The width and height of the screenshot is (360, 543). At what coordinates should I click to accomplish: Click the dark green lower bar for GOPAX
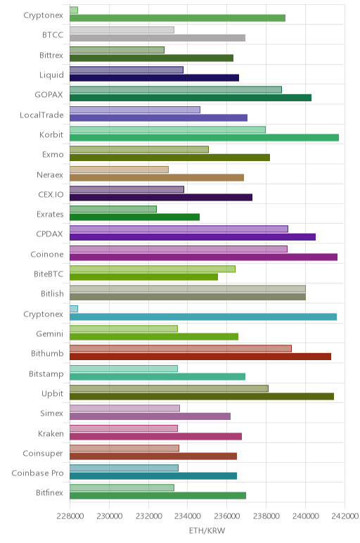[191, 98]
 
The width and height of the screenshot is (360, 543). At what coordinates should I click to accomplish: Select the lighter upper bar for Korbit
[167, 129]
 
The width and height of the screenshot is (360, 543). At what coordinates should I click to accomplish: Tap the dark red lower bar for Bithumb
[200, 357]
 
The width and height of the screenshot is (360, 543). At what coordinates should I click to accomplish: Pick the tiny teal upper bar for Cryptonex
[74, 309]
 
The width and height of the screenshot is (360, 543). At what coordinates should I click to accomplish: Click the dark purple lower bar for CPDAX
[193, 237]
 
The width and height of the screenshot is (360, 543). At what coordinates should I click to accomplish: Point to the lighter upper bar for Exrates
[112, 209]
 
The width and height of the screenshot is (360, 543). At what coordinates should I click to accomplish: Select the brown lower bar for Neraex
[157, 177]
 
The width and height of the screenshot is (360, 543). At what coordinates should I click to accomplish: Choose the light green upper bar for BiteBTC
[153, 269]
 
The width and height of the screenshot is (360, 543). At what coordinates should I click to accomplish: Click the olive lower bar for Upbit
[202, 396]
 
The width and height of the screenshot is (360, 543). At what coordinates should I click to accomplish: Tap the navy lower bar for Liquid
[154, 77]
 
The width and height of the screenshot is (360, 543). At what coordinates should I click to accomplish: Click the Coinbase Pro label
[37, 473]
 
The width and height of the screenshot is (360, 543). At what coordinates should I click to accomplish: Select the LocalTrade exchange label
[41, 115]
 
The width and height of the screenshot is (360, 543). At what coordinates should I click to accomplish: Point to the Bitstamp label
[46, 373]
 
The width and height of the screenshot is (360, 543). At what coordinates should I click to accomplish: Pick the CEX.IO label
[51, 194]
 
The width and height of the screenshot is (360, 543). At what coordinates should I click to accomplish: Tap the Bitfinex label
[49, 492]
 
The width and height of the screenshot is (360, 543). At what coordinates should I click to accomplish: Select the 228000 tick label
[70, 516]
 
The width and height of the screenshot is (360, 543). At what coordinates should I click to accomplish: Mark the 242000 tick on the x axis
[345, 516]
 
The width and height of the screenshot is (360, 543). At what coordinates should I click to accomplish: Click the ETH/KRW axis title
[207, 530]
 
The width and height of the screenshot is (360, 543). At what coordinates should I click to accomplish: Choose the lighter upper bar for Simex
[124, 408]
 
